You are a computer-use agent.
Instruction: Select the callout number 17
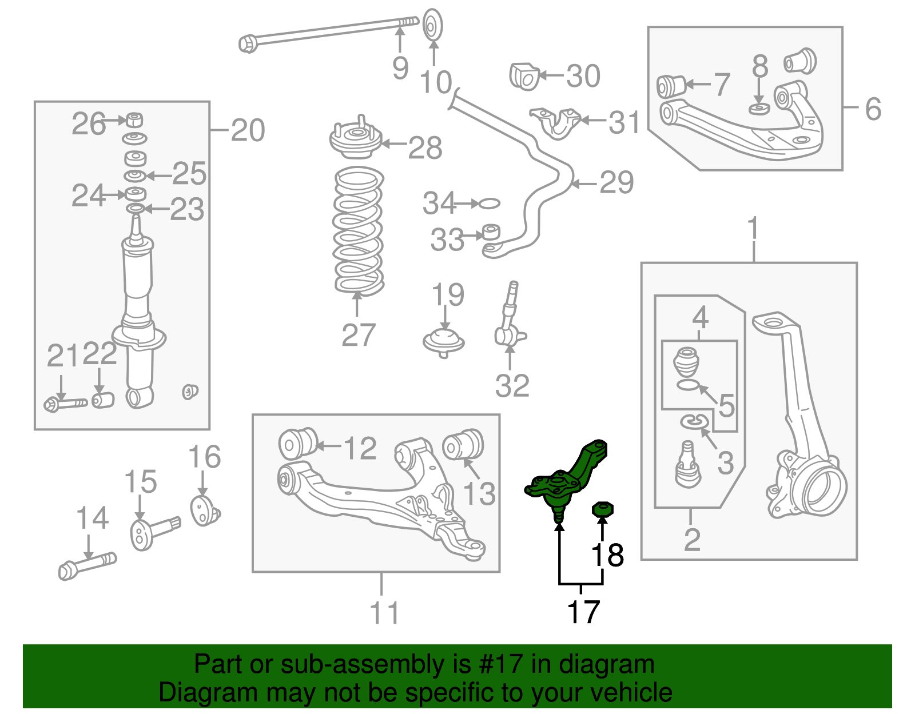point(583,612)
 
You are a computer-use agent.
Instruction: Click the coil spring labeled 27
point(358,231)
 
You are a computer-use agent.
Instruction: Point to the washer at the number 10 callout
point(433,25)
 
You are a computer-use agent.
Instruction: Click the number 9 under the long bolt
point(400,68)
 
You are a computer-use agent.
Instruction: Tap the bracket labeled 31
point(555,122)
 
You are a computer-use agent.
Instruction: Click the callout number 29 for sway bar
point(616,183)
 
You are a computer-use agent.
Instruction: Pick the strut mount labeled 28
point(355,141)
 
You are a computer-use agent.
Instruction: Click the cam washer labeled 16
point(202,510)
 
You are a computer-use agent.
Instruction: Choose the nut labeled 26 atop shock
point(134,120)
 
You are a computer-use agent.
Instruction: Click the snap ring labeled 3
point(694,421)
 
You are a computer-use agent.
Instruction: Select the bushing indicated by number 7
point(670,86)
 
